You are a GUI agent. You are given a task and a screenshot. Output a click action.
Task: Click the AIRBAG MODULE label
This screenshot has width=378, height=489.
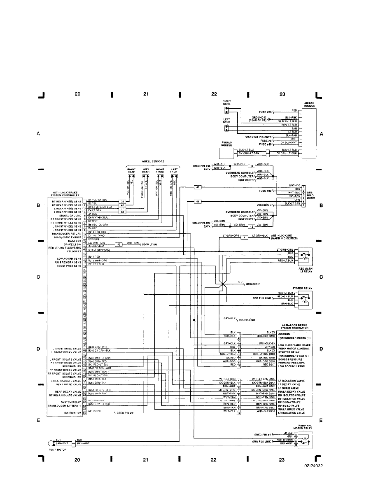pyautogui.click(x=309, y=105)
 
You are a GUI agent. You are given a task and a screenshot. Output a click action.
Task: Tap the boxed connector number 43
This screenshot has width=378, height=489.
pyautogui.click(x=198, y=187)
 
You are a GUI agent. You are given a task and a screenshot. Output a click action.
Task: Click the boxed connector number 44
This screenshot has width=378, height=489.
pyautogui.click(x=198, y=201)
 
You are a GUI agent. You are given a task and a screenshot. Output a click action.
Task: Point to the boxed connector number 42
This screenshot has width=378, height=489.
pyautogui.click(x=119, y=244)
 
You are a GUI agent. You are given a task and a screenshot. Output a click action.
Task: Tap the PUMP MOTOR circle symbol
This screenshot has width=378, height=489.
pyautogui.click(x=51, y=442)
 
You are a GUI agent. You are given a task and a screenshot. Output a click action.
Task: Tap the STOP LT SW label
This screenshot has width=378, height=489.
pyautogui.click(x=151, y=244)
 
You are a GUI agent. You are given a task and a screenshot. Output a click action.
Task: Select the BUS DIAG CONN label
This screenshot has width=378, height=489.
pyautogui.click(x=310, y=194)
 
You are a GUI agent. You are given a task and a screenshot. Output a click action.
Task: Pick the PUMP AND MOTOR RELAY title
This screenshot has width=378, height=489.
pyautogui.click(x=305, y=427)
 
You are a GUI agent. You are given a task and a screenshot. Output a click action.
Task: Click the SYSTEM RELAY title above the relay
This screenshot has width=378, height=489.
pyautogui.click(x=301, y=288)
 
